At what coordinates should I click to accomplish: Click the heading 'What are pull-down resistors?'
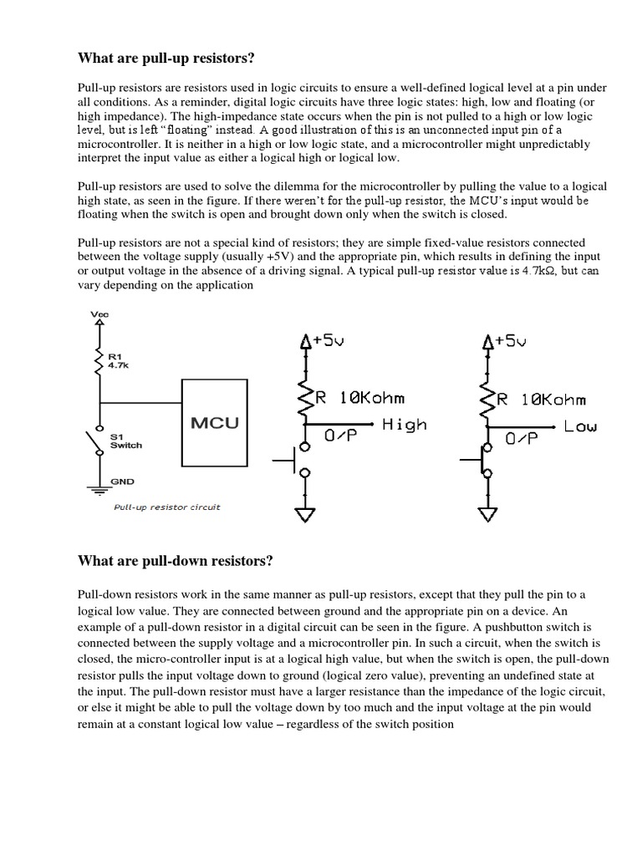[x=175, y=561]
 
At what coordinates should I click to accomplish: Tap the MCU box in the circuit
[x=215, y=422]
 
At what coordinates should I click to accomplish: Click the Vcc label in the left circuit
[x=99, y=313]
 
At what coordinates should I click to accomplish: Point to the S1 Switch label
[x=126, y=441]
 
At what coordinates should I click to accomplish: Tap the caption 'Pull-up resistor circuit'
[x=167, y=507]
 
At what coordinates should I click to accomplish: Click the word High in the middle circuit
[x=404, y=425]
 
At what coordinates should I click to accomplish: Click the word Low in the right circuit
[x=580, y=426]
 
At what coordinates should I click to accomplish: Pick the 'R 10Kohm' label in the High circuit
[x=359, y=399]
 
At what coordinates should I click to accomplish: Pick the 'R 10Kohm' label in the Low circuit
[x=542, y=399]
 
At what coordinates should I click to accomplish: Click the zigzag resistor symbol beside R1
[x=99, y=361]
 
